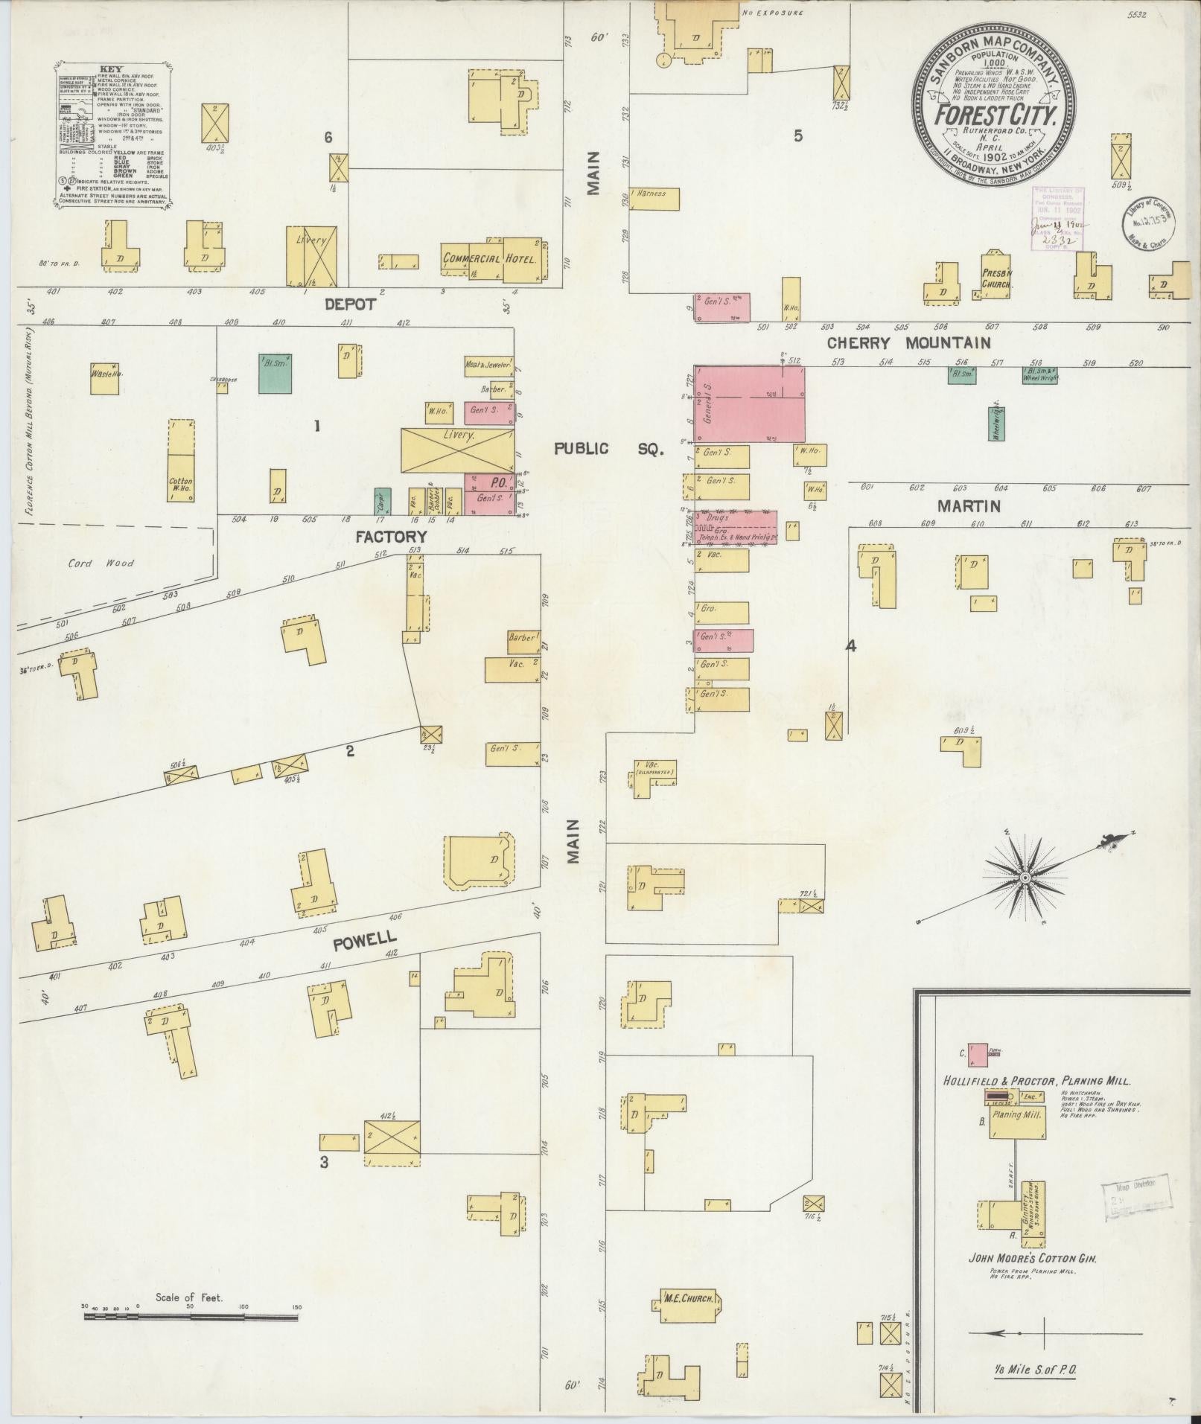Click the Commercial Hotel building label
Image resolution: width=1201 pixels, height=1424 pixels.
coord(490,259)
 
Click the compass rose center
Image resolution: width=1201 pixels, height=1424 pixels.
coord(1025,878)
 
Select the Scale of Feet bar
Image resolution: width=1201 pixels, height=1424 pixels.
coord(191,796)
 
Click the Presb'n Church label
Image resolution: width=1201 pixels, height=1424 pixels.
coord(995,278)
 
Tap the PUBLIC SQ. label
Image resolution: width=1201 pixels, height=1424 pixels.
coord(608,449)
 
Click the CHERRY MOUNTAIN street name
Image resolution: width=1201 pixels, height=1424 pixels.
coord(908,343)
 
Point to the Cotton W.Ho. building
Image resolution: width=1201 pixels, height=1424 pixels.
coord(180,485)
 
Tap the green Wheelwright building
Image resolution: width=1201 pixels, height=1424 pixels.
coord(996,423)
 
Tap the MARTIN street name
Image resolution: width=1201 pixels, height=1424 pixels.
coord(968,506)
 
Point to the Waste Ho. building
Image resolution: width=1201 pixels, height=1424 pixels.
coord(105,377)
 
